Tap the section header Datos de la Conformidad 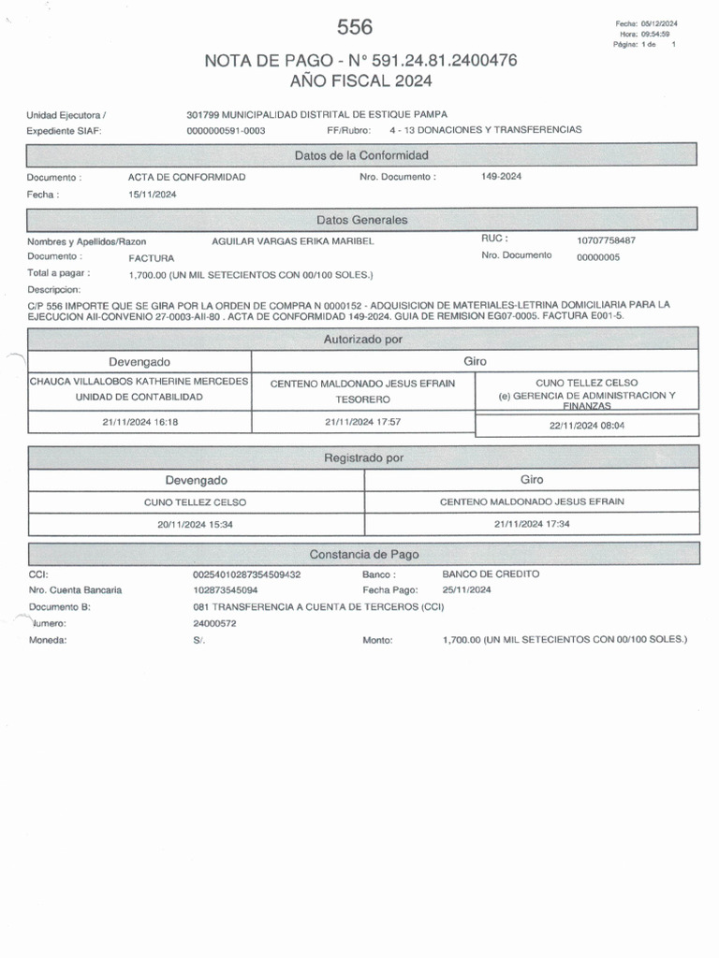(x=361, y=154)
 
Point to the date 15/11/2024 (x=152, y=195)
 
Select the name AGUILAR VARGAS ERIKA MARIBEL (x=293, y=241)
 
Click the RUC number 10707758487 (x=612, y=240)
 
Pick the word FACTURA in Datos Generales (x=152, y=257)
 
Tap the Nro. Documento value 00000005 (x=598, y=257)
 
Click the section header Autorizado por (x=362, y=339)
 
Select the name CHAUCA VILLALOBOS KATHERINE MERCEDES (x=139, y=382)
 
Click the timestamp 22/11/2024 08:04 (x=586, y=425)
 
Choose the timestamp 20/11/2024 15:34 (x=196, y=525)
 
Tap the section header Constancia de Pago (x=362, y=554)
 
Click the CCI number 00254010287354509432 (x=246, y=573)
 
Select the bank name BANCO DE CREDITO (x=491, y=573)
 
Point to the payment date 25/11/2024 (x=466, y=590)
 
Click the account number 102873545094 (x=226, y=590)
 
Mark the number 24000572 (x=214, y=623)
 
